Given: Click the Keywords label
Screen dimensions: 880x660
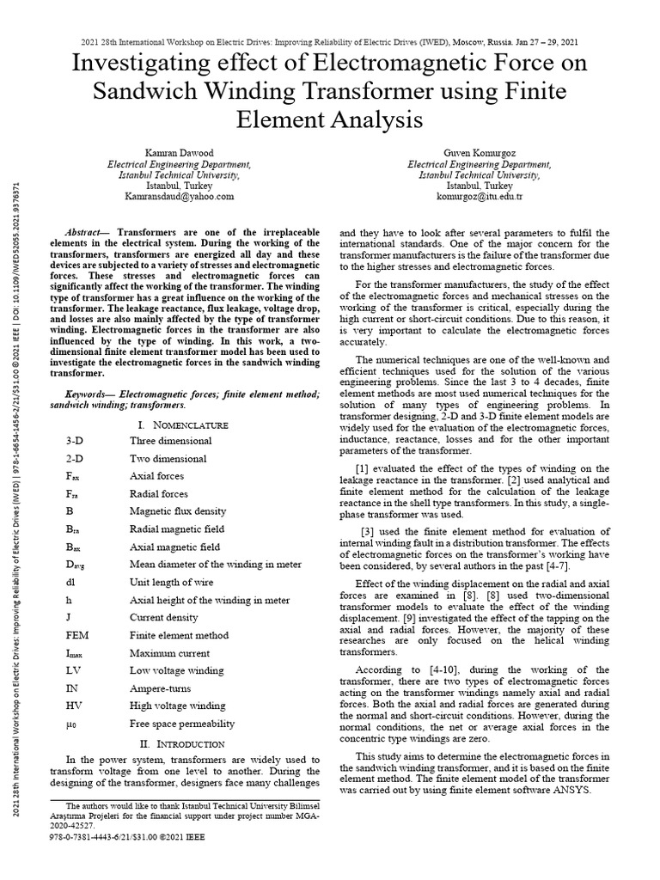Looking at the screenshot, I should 91,393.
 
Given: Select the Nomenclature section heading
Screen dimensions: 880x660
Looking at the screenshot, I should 182,425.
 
